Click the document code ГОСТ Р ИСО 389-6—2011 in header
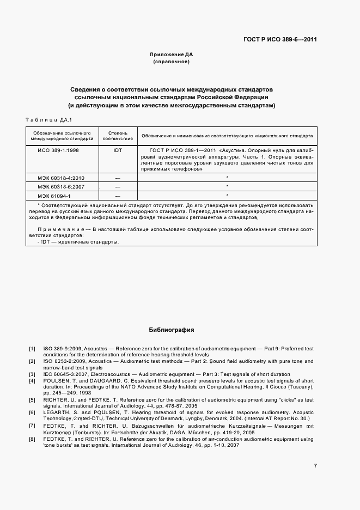[280, 40]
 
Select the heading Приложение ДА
[172, 54]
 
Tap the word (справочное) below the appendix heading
[171, 62]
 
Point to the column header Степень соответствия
[118, 136]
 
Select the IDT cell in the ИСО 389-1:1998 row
[118, 149]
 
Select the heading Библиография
[171, 330]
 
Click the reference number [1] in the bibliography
[32, 348]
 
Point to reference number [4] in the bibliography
[32, 381]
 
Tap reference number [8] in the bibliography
[32, 439]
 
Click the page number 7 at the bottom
[315, 465]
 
